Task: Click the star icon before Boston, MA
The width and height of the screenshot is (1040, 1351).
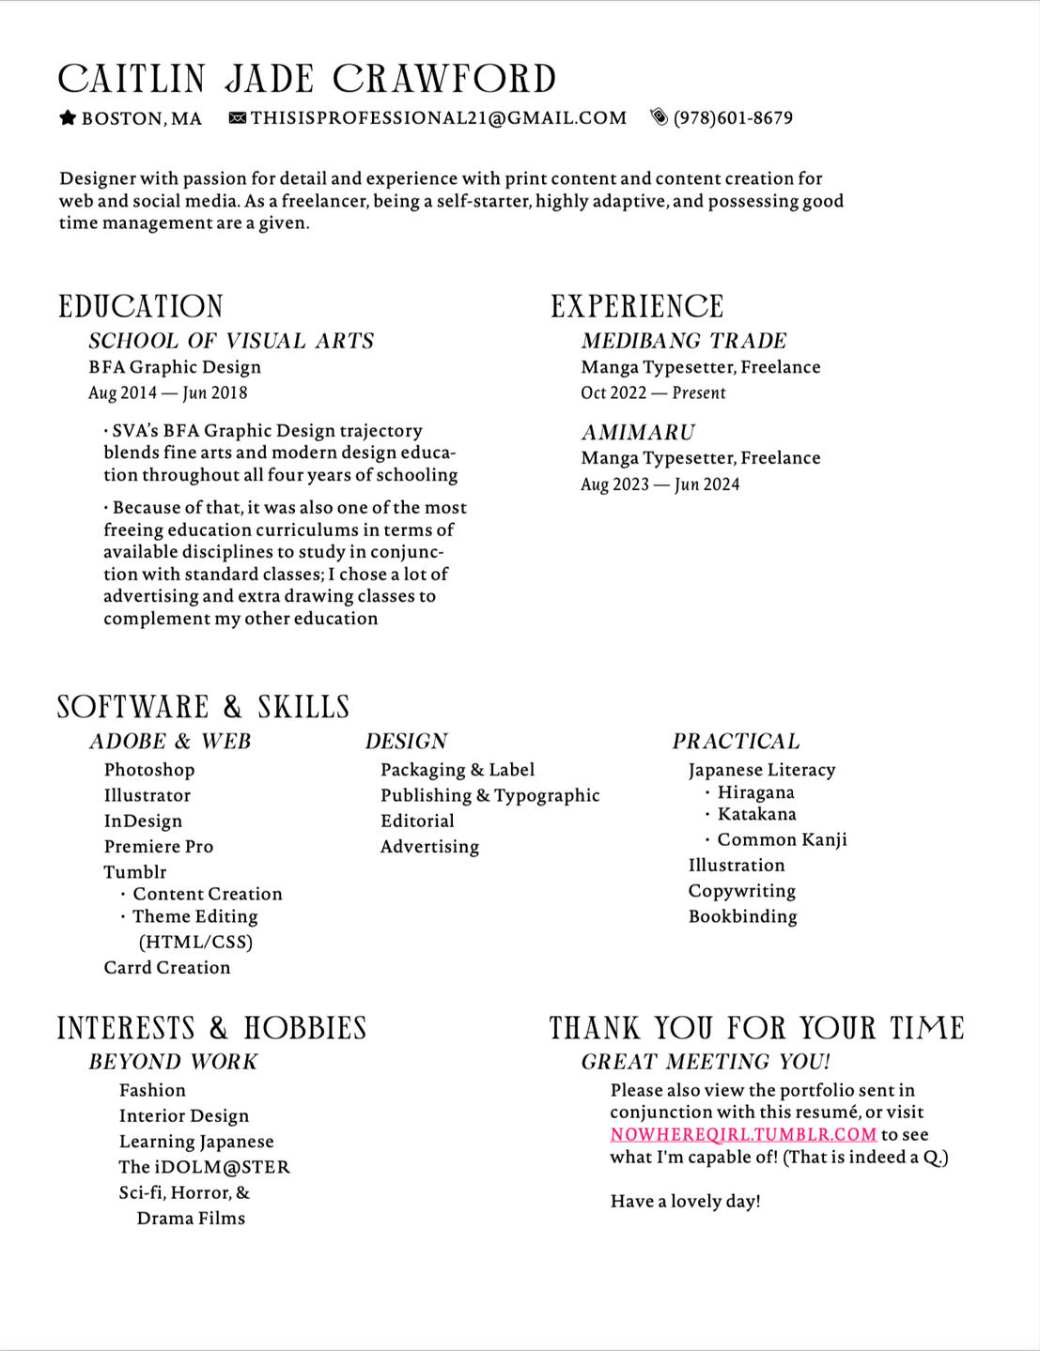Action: coord(68,117)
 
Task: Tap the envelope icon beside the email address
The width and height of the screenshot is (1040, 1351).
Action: coord(238,117)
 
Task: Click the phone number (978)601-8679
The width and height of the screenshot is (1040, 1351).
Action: coord(733,117)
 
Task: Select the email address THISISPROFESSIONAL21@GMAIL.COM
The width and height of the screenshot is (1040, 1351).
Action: coord(439,117)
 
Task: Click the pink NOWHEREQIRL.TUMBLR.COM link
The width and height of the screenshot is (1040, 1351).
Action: coord(743,1134)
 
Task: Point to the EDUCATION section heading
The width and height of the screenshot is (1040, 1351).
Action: coord(141,306)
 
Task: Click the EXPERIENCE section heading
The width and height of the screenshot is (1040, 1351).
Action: coord(637,306)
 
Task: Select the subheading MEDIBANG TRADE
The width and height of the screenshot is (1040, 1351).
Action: coord(684,341)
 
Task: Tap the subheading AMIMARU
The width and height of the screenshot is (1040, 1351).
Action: coord(638,432)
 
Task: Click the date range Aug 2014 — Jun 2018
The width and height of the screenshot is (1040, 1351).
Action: coord(168,392)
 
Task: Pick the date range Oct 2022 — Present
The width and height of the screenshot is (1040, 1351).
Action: coord(653,392)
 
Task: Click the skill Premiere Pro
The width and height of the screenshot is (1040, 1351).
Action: coord(159,846)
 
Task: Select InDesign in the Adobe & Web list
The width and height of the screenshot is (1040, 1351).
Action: coord(143,821)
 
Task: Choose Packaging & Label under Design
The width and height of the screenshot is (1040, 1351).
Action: coord(458,770)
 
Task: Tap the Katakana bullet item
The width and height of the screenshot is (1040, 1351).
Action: coord(756,814)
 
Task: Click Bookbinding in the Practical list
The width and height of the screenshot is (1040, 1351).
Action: coord(742,916)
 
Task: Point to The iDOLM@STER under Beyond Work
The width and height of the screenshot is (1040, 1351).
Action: coord(204,1167)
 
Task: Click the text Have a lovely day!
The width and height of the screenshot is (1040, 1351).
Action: coord(686,1201)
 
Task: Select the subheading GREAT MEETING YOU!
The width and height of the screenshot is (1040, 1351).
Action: coord(706,1062)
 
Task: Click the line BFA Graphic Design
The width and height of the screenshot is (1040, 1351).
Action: coord(175,367)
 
